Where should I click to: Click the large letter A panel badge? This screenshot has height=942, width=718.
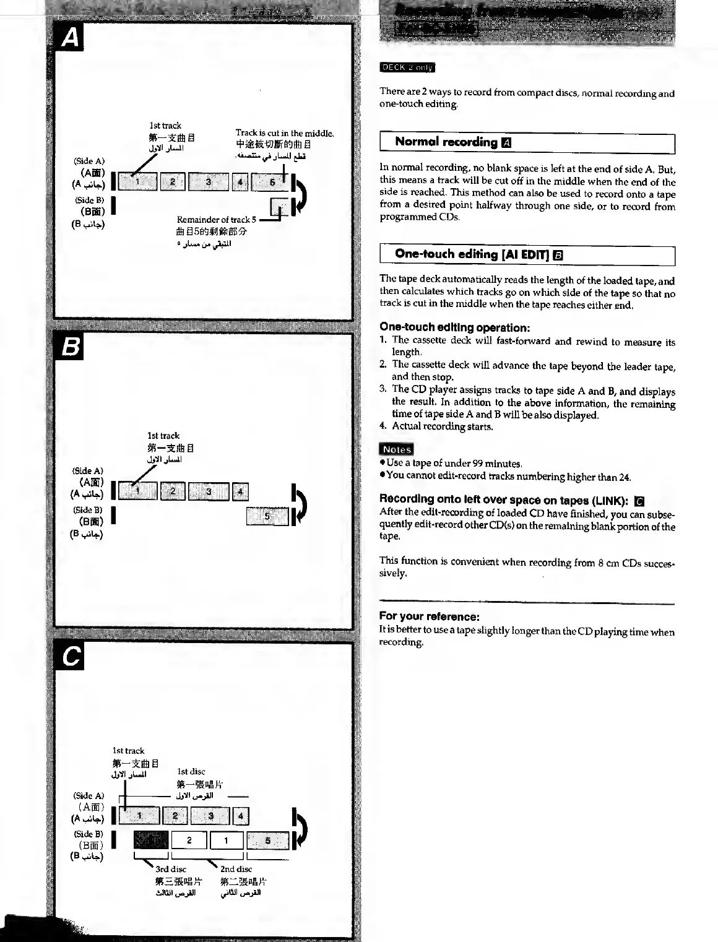tap(71, 38)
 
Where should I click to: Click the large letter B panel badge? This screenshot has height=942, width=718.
tap(71, 347)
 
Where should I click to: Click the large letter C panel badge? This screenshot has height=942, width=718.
tap(71, 657)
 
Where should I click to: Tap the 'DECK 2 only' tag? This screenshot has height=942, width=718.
tap(407, 67)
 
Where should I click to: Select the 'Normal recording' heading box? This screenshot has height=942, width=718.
tap(527, 143)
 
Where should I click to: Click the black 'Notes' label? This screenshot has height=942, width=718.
tap(396, 449)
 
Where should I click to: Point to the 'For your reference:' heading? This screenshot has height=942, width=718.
tap(429, 616)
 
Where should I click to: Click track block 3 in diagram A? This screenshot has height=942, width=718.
tap(209, 182)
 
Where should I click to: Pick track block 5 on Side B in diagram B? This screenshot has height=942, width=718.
tap(267, 516)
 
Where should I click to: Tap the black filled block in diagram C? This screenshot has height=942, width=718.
tap(150, 840)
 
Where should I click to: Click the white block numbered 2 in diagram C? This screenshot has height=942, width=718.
tap(189, 840)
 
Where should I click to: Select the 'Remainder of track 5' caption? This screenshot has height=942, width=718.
tap(216, 220)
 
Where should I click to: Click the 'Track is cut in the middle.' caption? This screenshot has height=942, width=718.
tap(285, 133)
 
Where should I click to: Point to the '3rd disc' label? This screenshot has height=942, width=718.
tap(170, 869)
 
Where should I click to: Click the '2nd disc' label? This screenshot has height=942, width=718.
tap(236, 869)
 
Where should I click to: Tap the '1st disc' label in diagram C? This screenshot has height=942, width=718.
tap(191, 772)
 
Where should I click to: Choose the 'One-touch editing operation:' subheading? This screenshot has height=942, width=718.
tap(454, 327)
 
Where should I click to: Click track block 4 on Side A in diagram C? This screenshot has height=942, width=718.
tap(240, 816)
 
